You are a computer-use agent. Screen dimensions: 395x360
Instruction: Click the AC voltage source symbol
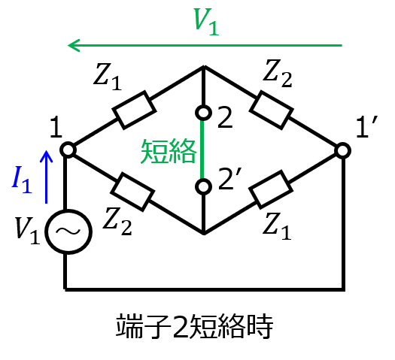pos(68,231)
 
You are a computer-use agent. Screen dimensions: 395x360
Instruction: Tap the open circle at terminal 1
pos(68,150)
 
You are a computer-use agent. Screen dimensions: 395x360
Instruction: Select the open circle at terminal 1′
pos(343,151)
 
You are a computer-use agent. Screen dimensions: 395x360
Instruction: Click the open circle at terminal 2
pos(203,113)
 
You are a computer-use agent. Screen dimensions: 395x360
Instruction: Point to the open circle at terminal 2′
pos(203,186)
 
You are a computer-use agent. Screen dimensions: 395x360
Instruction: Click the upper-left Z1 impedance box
pos(134,110)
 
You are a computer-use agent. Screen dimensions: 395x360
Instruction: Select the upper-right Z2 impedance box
pos(272,110)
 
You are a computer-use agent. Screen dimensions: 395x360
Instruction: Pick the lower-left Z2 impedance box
pos(132,192)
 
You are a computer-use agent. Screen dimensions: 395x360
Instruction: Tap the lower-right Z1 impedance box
pos(271,189)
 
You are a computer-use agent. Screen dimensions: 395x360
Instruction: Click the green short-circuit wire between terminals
pos(202,150)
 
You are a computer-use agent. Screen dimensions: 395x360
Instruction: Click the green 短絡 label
pos(169,151)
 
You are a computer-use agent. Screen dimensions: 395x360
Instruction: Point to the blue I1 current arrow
pos(46,177)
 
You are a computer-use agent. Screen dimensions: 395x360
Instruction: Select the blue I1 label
pos(22,180)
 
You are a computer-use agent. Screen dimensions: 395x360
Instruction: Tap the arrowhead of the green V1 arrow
pos(74,46)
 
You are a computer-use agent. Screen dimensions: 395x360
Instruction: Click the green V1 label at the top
pos(206,22)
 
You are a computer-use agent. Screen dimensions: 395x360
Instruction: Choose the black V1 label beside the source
pos(27,231)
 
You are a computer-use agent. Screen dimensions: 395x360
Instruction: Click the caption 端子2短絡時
pos(194,326)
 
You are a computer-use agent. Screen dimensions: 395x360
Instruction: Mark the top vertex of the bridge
pos(204,66)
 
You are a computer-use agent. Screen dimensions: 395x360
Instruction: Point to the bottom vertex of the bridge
pos(204,234)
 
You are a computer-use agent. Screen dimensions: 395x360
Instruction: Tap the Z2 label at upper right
pos(278,74)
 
